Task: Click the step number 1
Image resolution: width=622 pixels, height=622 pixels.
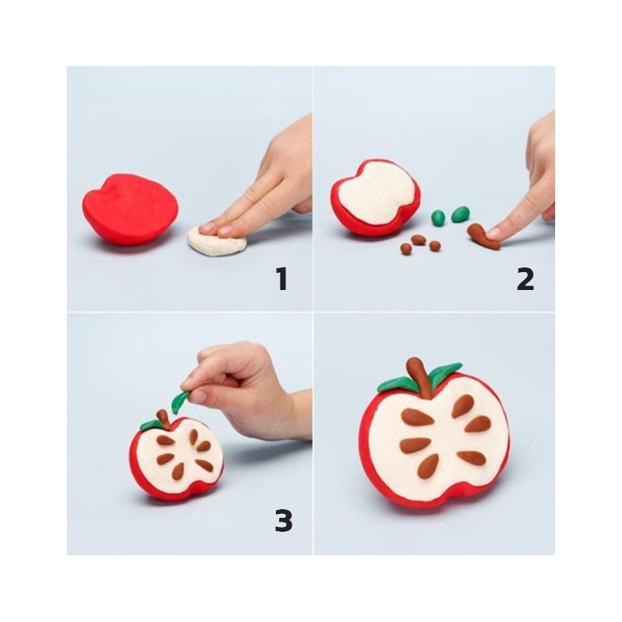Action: (x=281, y=279)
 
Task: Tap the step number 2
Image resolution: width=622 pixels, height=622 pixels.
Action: (x=526, y=279)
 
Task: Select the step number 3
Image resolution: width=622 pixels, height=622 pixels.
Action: (x=284, y=520)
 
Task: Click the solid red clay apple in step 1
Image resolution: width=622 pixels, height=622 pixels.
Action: (x=131, y=208)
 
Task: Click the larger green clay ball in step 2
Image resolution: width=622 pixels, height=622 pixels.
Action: (x=460, y=215)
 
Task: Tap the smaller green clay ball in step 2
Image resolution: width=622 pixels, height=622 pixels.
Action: (x=439, y=218)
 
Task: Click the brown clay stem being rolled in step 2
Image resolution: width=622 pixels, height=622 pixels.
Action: (x=482, y=237)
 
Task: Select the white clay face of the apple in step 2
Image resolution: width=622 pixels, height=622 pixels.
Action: (x=377, y=192)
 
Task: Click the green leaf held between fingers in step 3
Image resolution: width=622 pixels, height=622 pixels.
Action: (x=180, y=401)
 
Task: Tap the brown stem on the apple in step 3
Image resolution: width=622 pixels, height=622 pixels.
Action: (x=163, y=418)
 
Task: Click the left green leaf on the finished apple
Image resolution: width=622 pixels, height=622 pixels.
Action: (x=397, y=383)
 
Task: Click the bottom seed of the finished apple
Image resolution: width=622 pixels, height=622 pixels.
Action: (x=428, y=465)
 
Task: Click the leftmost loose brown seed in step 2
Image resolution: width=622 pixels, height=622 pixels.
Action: (x=405, y=248)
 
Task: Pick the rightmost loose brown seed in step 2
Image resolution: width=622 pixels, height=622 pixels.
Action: (x=435, y=246)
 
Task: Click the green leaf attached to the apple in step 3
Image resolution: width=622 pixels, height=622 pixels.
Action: (x=151, y=425)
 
